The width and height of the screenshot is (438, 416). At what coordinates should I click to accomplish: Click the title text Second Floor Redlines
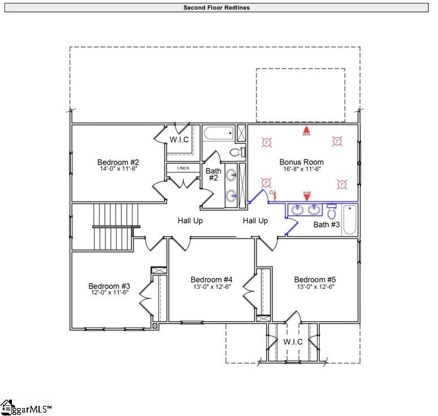click(x=217, y=8)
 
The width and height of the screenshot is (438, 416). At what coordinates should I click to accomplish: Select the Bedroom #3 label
click(x=109, y=286)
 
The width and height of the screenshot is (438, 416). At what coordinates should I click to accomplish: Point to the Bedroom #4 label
click(x=212, y=280)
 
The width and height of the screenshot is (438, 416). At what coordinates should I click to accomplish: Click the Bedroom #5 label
click(x=315, y=280)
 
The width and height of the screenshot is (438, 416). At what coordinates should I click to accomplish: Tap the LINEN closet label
click(x=183, y=168)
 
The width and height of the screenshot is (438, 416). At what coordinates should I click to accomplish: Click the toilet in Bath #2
click(x=238, y=152)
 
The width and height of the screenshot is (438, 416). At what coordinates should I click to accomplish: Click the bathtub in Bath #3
click(x=350, y=220)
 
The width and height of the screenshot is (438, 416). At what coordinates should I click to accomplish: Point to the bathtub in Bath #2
click(x=218, y=135)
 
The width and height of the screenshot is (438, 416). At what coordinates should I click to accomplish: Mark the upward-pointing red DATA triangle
click(x=306, y=130)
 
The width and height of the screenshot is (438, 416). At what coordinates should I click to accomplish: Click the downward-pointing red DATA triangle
click(x=307, y=197)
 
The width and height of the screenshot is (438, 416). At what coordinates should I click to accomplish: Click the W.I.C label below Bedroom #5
click(x=293, y=342)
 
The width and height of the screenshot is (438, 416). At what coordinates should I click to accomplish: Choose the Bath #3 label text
click(x=327, y=225)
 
